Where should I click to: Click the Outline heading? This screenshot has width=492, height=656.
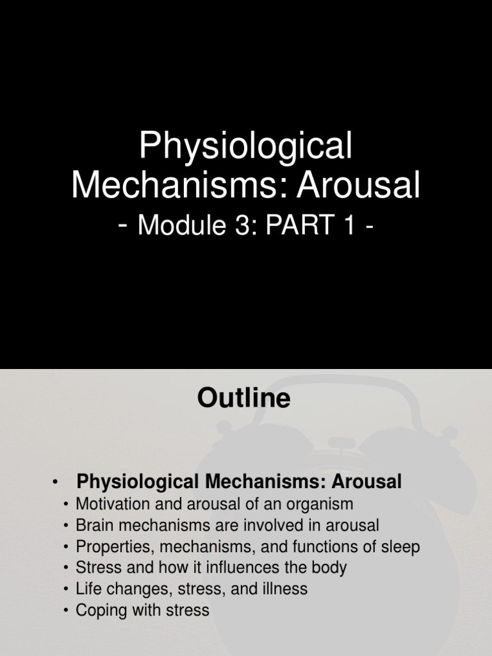[243, 398]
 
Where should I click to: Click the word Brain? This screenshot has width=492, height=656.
[95, 525]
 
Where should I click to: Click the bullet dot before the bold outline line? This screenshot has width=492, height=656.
[56, 482]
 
